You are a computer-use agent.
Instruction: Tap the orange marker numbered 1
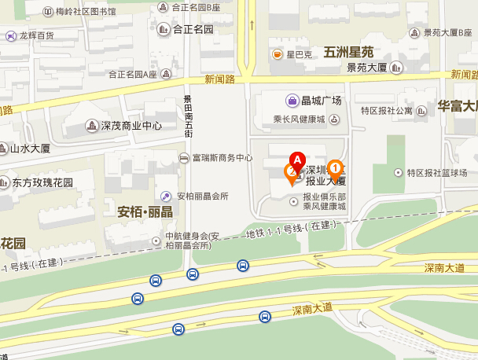[x=335, y=167]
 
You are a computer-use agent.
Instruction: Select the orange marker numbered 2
[x=291, y=172]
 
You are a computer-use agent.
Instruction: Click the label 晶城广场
[x=321, y=101]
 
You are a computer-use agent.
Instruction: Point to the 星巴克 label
[x=299, y=54]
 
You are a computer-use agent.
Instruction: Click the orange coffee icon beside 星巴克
[x=278, y=54]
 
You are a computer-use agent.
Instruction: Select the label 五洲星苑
[x=347, y=50]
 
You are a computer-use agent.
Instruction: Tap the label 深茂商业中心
[x=131, y=126]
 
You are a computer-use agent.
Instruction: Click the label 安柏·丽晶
[x=145, y=213]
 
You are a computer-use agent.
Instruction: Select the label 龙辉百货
[x=36, y=35]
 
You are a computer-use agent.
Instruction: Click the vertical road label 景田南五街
[x=188, y=116]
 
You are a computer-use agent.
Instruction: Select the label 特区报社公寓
[x=385, y=111]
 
